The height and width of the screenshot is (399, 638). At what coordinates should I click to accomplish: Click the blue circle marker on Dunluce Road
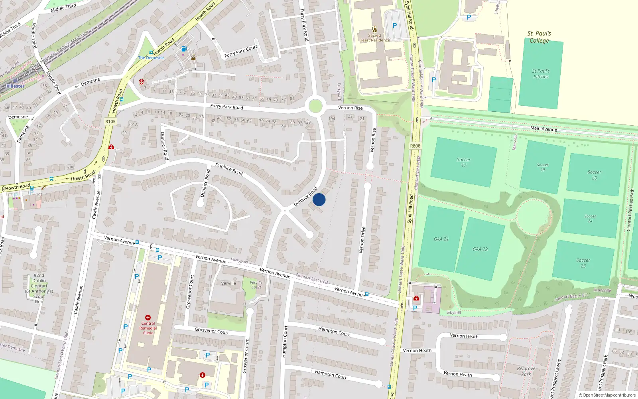(x=319, y=199)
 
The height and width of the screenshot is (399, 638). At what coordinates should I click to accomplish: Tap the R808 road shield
(x=415, y=146)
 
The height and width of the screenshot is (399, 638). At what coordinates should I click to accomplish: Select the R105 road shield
(x=110, y=121)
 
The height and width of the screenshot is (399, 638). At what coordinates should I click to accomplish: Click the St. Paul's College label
(x=539, y=37)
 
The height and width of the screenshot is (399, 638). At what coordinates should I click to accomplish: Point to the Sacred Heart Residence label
(x=374, y=38)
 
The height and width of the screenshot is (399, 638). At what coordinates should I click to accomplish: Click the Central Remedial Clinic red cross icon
(x=148, y=318)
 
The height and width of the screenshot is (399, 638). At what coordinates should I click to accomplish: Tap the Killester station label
(x=15, y=86)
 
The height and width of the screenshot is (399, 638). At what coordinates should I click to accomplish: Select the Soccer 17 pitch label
(x=464, y=162)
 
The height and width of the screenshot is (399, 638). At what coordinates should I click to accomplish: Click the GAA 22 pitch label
(x=480, y=249)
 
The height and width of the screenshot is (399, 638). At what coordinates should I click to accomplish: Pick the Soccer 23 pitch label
(x=583, y=263)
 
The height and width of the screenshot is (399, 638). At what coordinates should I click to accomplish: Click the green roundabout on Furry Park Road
(x=315, y=107)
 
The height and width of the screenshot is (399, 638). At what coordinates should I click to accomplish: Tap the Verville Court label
(x=256, y=284)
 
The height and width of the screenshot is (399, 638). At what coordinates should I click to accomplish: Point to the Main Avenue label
(x=543, y=128)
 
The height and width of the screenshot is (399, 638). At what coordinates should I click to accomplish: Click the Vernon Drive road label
(x=362, y=240)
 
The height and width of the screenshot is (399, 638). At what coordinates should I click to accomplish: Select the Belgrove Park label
(x=526, y=371)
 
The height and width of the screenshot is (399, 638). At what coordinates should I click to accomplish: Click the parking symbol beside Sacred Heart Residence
(x=395, y=26)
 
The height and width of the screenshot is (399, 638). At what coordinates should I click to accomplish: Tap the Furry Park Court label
(x=241, y=51)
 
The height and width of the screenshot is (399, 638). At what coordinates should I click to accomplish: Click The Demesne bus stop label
(x=151, y=57)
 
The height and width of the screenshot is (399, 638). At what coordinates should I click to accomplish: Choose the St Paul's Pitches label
(x=541, y=74)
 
